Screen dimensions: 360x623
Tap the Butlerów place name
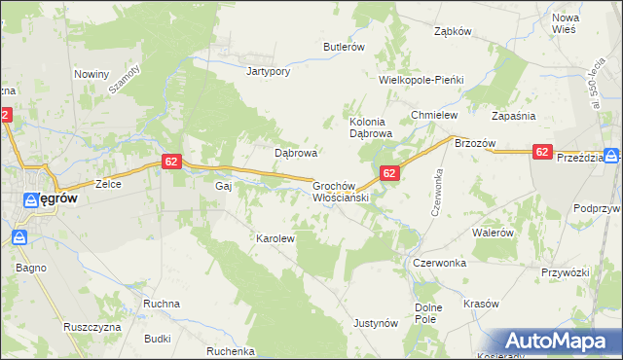click(344, 47)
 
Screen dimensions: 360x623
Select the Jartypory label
click(269, 71)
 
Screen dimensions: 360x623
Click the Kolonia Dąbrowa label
click(370, 127)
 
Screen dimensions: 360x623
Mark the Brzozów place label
click(476, 143)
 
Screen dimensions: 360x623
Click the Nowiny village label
click(92, 74)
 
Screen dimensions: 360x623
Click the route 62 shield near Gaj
click(170, 162)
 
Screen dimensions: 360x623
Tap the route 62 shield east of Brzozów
click(543, 152)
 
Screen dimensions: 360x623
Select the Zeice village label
click(106, 183)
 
